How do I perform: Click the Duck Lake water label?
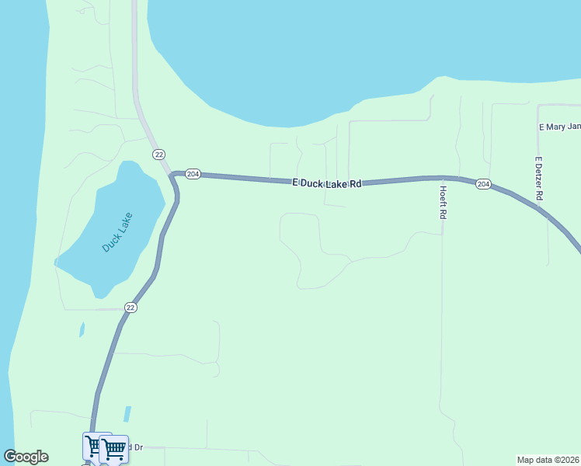[118, 231]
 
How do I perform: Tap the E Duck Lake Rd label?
[327, 183]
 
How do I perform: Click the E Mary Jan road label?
[559, 127]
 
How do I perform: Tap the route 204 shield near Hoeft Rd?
[483, 184]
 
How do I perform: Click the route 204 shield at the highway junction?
[193, 174]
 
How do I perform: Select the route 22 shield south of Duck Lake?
[130, 308]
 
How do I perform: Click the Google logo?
[26, 457]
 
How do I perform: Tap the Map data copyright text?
[548, 460]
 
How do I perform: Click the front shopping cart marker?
[114, 448]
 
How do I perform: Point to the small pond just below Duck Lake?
[82, 330]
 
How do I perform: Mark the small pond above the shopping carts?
[127, 414]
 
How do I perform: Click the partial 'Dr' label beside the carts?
[136, 447]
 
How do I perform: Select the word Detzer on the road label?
[538, 178]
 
